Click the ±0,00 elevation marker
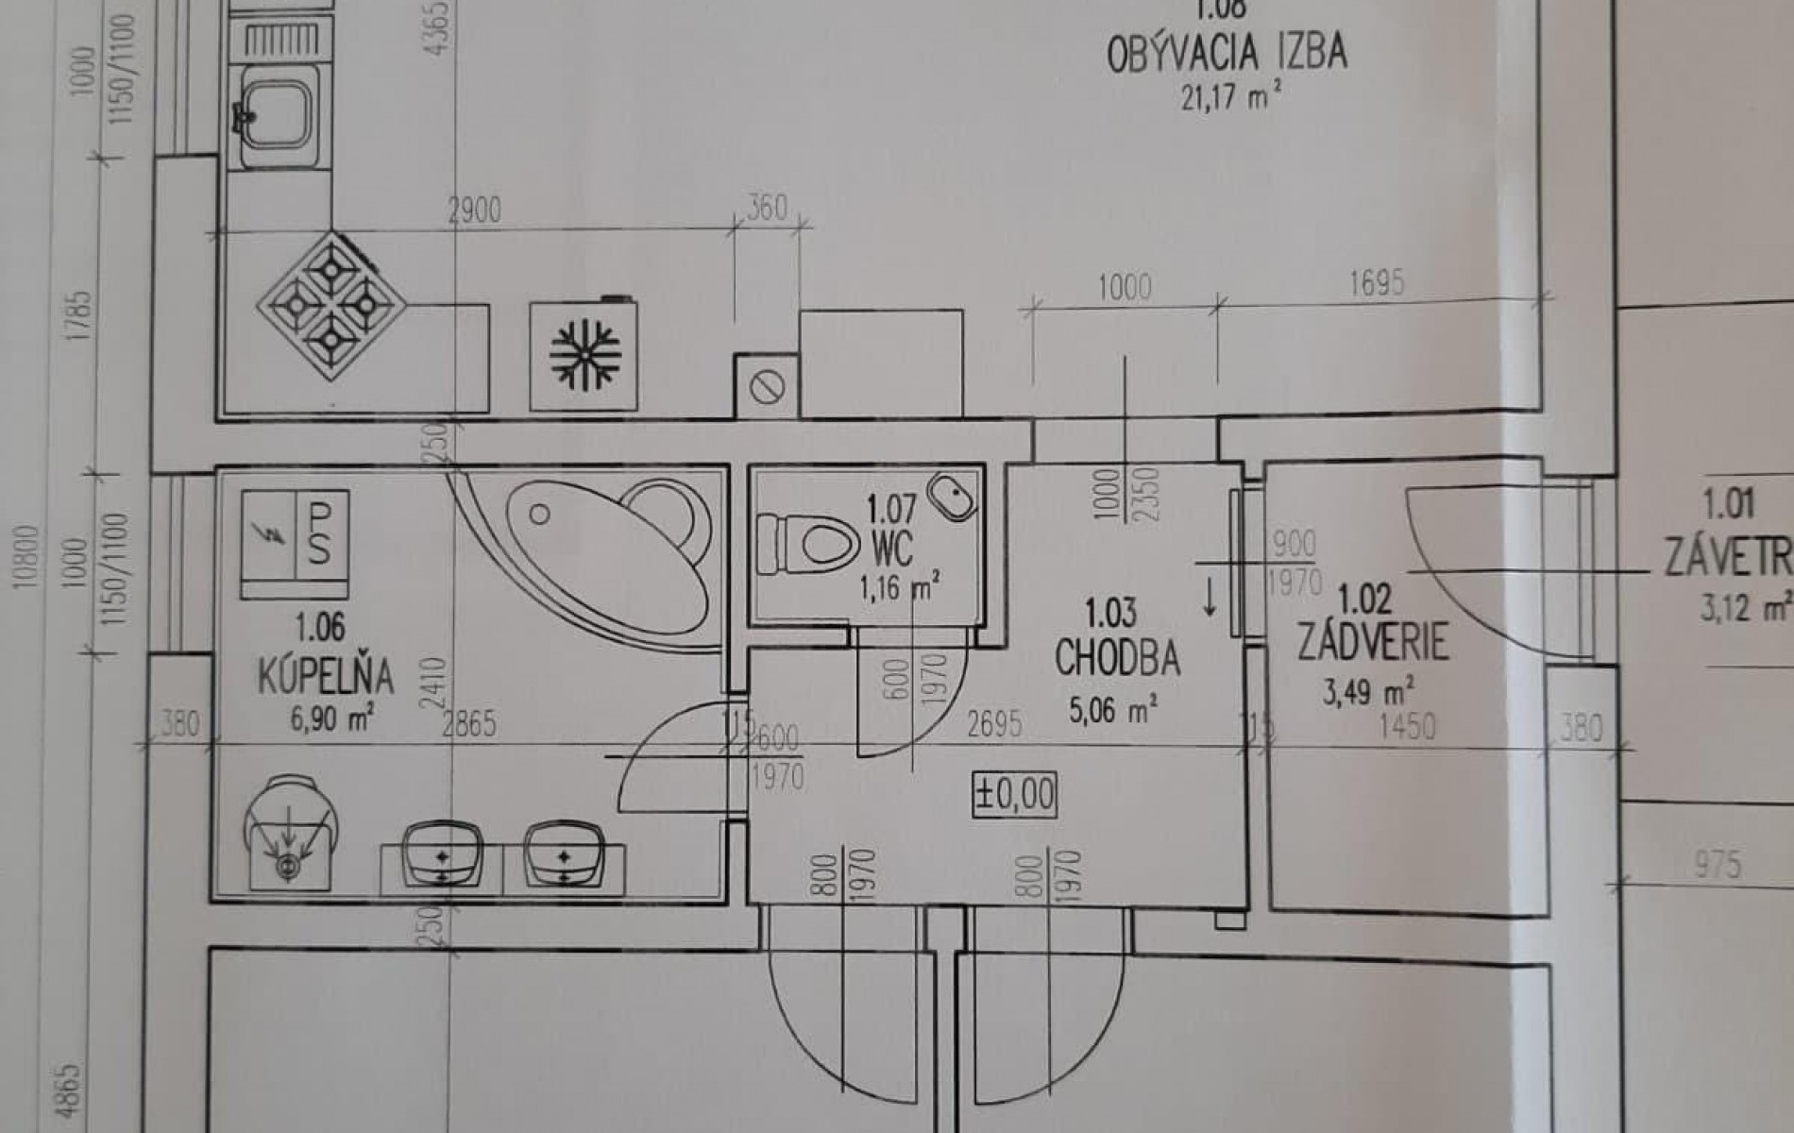pos(1015,794)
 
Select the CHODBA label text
pos(1117,658)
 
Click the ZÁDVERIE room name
pos(1373,642)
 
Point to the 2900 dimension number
pos(474,211)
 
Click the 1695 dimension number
pos(1376,282)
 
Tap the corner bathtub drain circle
pos(539,515)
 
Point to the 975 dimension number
pos(1717,863)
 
